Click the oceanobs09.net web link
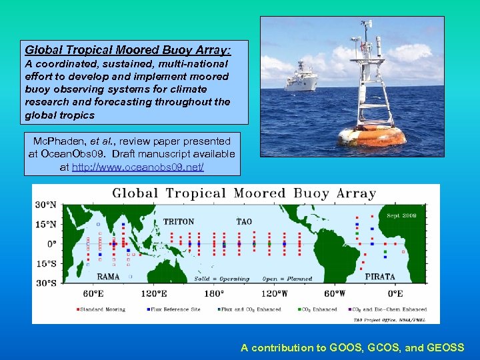(x=137, y=168)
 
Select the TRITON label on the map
(x=179, y=221)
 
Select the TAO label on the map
(x=244, y=221)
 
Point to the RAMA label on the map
(x=109, y=276)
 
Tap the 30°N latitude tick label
(x=45, y=204)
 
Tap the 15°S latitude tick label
(x=45, y=263)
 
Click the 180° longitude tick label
(x=213, y=293)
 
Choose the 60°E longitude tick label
(x=92, y=293)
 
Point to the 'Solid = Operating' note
(x=222, y=279)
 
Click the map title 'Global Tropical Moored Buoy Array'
(x=244, y=194)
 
